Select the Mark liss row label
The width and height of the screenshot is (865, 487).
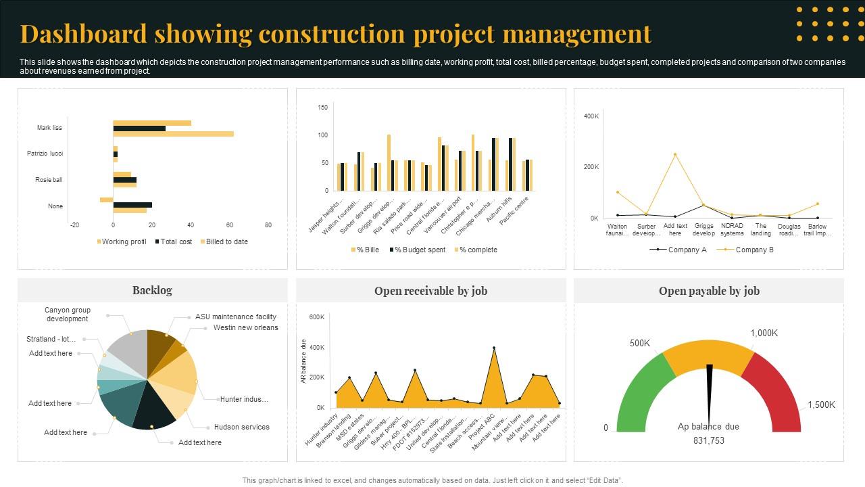pos(49,128)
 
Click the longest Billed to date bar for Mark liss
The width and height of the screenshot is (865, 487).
pos(173,134)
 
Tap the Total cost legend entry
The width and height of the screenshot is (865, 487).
pos(175,241)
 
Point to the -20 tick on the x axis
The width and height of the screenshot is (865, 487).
pos(74,225)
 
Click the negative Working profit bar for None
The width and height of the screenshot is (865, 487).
pos(106,200)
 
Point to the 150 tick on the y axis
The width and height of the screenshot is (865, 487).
pos(322,108)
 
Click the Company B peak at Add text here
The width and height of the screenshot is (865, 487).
pos(674,154)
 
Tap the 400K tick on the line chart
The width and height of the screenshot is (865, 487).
pos(591,116)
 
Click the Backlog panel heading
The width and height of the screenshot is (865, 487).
pos(152,290)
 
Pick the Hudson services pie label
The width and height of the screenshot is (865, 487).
pos(241,427)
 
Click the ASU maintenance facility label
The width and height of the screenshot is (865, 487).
pos(235,317)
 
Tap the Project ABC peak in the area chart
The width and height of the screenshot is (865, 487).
pos(494,348)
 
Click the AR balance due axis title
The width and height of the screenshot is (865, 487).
pos(304,362)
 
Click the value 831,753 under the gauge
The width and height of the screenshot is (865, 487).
pos(708,440)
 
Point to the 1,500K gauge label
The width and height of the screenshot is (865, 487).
pos(821,405)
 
